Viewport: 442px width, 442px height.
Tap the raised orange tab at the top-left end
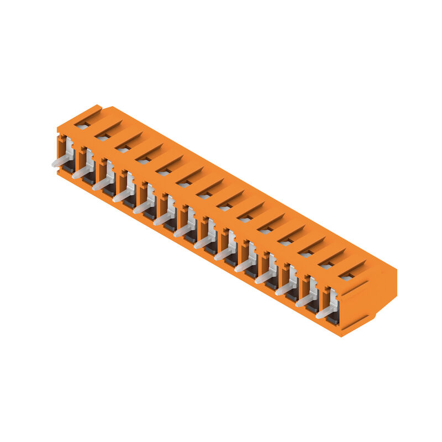tap(88, 110)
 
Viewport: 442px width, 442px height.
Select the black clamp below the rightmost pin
tap(333, 319)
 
